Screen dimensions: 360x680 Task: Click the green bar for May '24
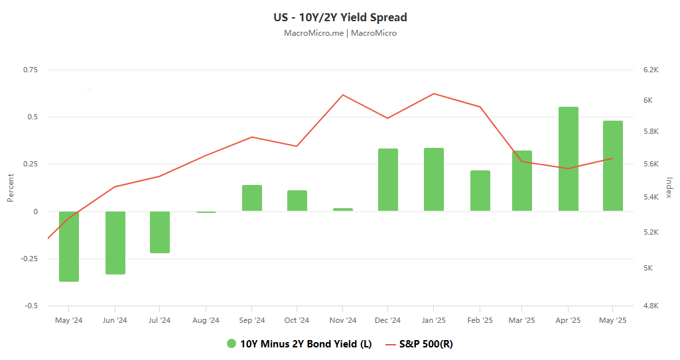(69, 246)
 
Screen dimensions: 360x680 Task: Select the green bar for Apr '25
(569, 159)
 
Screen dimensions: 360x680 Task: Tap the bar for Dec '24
(388, 180)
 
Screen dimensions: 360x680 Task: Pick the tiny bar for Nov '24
(343, 210)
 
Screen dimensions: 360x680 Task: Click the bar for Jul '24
(160, 232)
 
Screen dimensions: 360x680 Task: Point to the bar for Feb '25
(480, 191)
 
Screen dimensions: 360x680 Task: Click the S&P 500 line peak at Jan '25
(433, 93)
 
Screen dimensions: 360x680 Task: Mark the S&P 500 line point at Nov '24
(343, 95)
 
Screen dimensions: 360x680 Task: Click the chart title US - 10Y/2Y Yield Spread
(340, 17)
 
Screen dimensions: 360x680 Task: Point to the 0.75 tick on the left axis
(31, 70)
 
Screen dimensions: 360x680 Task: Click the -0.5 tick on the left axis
(31, 306)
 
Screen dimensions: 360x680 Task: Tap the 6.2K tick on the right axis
(649, 70)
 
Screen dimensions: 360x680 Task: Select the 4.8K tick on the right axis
(649, 306)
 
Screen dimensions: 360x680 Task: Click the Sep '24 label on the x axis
(252, 320)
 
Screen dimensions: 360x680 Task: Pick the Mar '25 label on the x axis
(522, 320)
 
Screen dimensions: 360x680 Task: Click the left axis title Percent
(11, 188)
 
